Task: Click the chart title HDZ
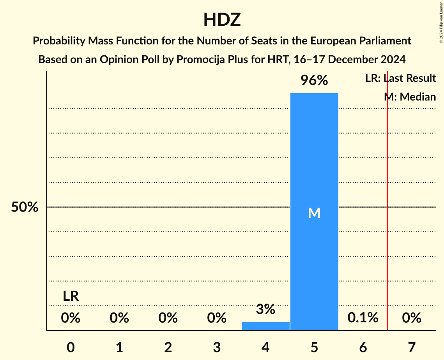[x=222, y=19]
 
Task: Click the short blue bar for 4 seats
[x=265, y=326]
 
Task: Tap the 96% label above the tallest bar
[x=314, y=81]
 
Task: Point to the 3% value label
[x=265, y=309]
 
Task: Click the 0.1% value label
[x=363, y=318]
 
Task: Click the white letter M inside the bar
[x=314, y=213]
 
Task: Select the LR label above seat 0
[x=71, y=296]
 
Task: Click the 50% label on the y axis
[x=25, y=207]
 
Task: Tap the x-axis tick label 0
[x=71, y=347]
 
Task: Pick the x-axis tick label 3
[x=217, y=347]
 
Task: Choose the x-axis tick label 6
[x=363, y=347]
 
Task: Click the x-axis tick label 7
[x=412, y=347]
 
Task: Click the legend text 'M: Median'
[x=410, y=97]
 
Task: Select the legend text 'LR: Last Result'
[x=400, y=78]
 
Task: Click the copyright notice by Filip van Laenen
[x=441, y=21]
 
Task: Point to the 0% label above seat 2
[x=168, y=318]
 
